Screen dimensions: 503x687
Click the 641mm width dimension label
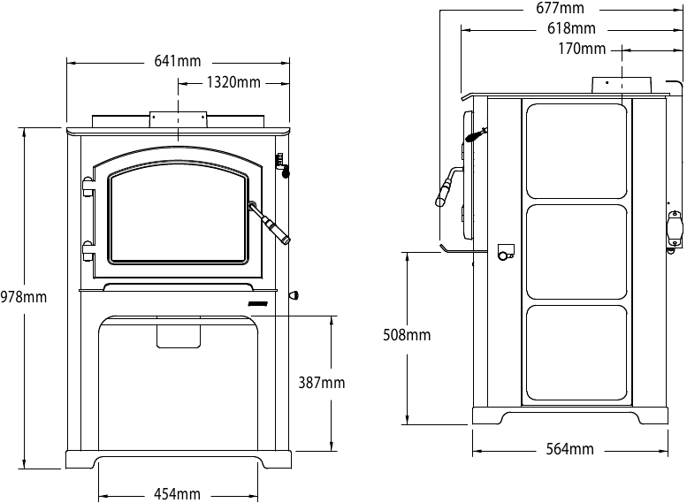(x=178, y=62)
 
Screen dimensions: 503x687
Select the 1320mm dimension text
(x=233, y=83)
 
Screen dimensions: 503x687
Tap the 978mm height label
(x=24, y=297)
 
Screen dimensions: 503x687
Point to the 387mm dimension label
(x=321, y=383)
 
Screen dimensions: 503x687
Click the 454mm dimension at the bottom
(x=178, y=493)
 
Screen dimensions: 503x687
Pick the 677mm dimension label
(x=561, y=9)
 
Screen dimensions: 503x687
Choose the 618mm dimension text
(x=571, y=29)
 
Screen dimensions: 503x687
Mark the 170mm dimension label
(x=582, y=49)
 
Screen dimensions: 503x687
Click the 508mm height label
(x=407, y=335)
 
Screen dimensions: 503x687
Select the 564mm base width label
(x=569, y=449)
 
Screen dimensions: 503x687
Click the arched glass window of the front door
(x=178, y=217)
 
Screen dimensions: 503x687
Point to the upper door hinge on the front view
(x=88, y=187)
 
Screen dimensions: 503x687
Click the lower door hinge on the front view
(x=88, y=249)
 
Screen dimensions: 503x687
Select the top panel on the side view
(x=576, y=149)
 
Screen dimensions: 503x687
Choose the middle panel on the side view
(x=576, y=251)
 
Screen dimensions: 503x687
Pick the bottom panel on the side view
(x=576, y=353)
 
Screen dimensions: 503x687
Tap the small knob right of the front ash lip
(x=293, y=295)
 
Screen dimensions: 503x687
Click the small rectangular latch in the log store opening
(x=179, y=335)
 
